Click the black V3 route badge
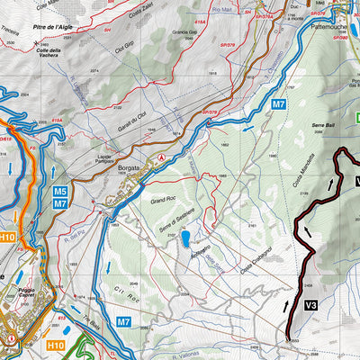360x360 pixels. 311,306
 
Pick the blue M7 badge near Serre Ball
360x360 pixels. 279,105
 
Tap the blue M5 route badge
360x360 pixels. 59,192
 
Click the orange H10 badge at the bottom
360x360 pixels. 56,344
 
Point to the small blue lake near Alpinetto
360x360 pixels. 184,238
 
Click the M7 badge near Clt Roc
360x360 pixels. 124,321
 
